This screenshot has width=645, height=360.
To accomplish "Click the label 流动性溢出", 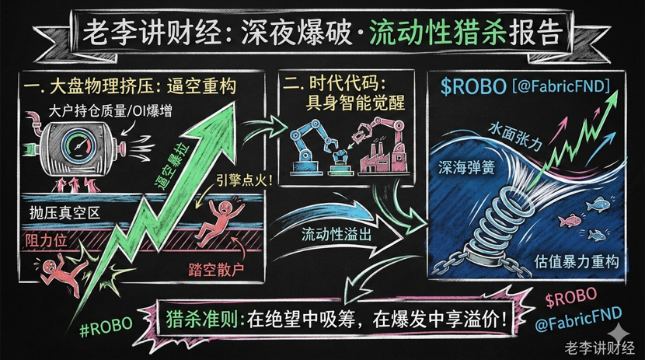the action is (334, 230).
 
